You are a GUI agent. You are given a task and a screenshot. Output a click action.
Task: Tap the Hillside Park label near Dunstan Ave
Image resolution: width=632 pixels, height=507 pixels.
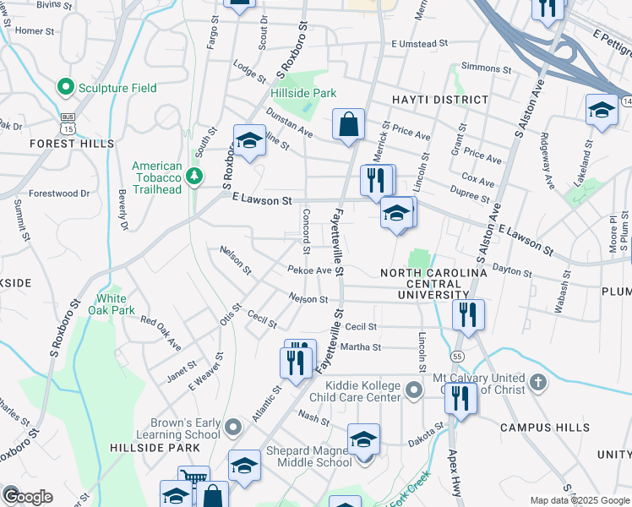click(303, 93)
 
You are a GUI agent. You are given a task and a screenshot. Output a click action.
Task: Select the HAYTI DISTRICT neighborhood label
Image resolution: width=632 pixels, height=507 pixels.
click(440, 100)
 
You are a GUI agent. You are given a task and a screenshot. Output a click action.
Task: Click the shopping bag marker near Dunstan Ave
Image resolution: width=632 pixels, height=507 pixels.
click(348, 126)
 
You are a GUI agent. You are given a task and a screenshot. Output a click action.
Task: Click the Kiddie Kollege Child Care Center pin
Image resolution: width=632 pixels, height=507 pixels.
click(414, 390)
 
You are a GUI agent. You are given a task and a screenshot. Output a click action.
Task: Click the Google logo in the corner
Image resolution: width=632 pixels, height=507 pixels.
click(27, 497)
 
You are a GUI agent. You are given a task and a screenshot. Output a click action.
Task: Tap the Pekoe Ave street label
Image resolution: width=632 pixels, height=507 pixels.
click(309, 270)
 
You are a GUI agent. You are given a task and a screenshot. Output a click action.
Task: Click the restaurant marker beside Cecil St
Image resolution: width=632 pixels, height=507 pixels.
click(466, 314)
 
